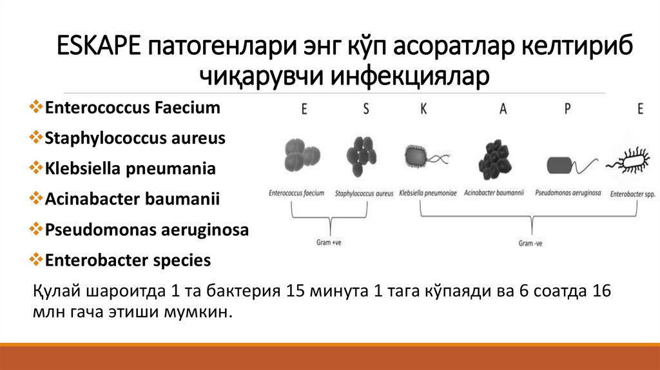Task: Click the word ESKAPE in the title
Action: pyautogui.click(x=99, y=48)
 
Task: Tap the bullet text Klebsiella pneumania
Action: pyautogui.click(x=130, y=169)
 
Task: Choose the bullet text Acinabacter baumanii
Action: pyautogui.click(x=132, y=199)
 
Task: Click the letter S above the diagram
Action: pyautogui.click(x=366, y=110)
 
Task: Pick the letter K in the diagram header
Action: pyautogui.click(x=423, y=110)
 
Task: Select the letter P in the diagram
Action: pyautogui.click(x=567, y=110)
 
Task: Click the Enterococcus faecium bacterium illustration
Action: pyautogui.click(x=302, y=156)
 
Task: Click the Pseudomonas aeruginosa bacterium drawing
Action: pyautogui.click(x=567, y=165)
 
